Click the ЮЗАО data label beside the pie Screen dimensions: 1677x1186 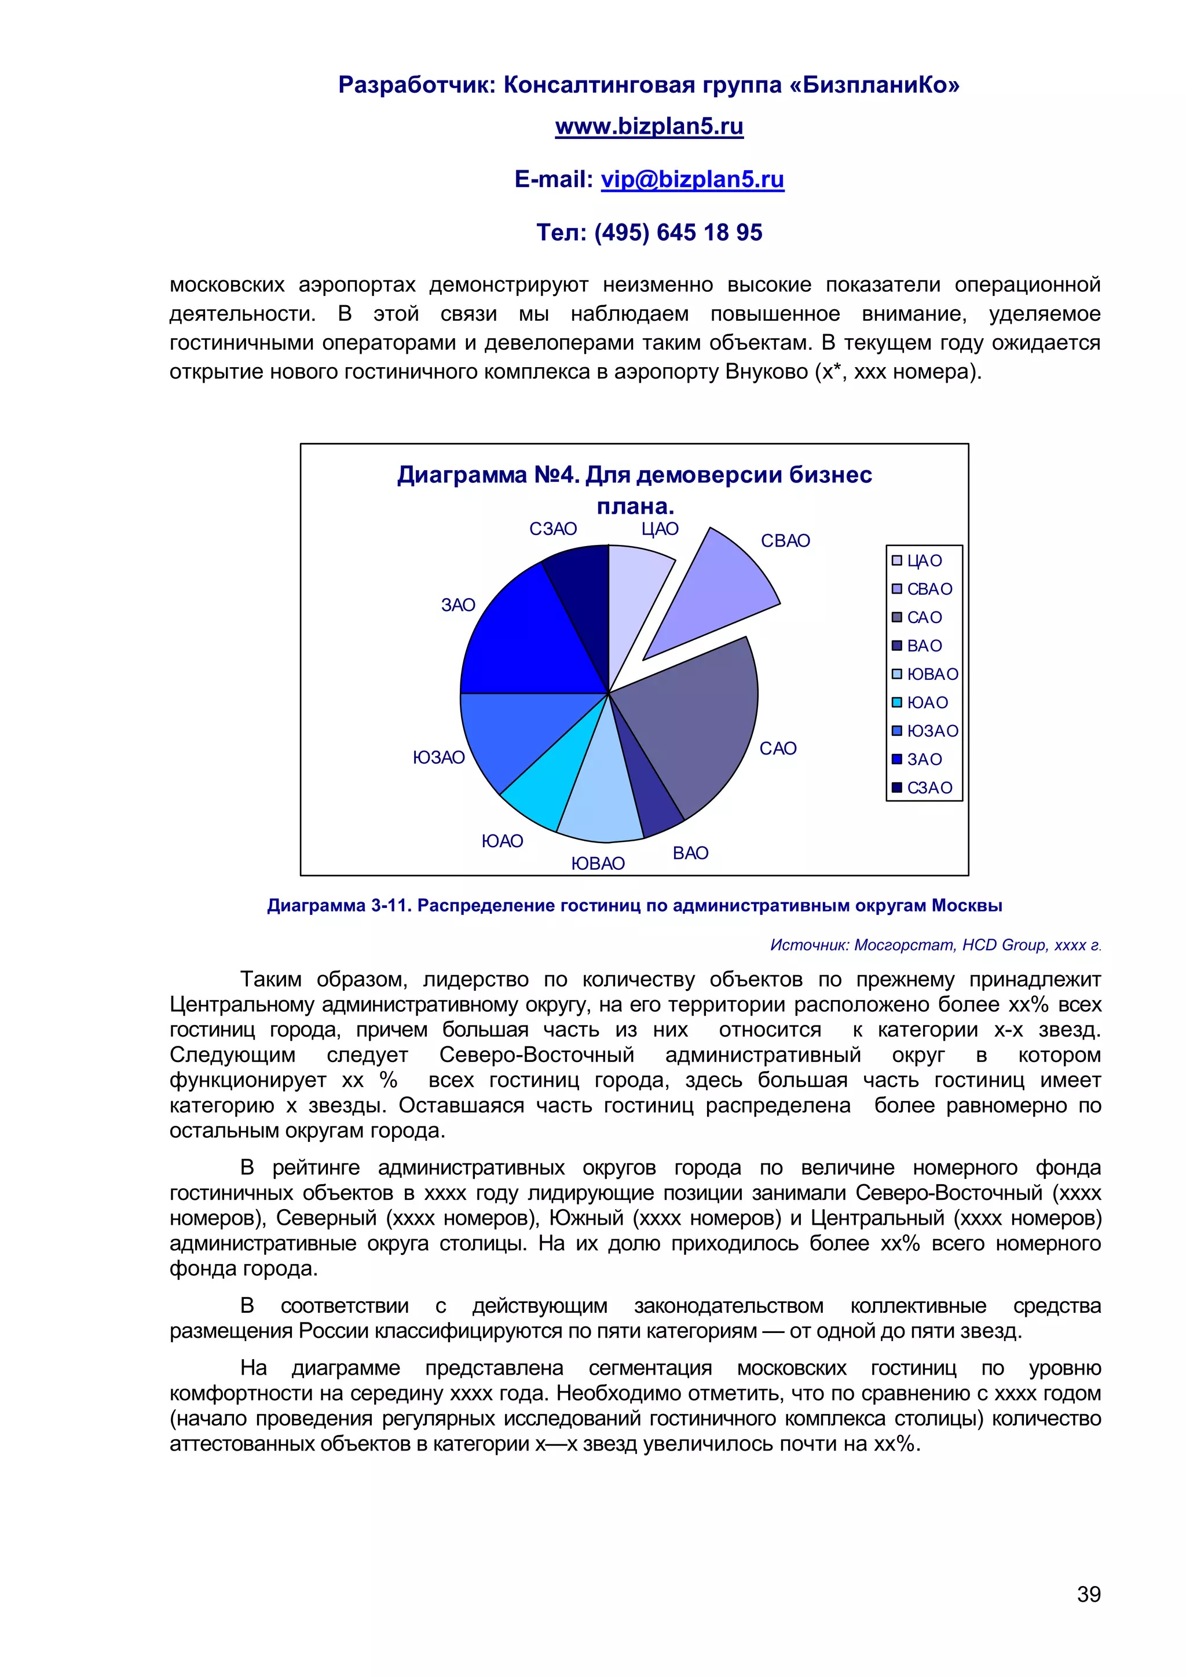tap(439, 757)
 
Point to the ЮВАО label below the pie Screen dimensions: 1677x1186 tap(598, 864)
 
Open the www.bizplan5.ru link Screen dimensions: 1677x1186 tap(649, 126)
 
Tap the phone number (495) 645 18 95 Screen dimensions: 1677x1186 tap(678, 232)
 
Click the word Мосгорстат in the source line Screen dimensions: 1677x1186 tap(904, 945)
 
